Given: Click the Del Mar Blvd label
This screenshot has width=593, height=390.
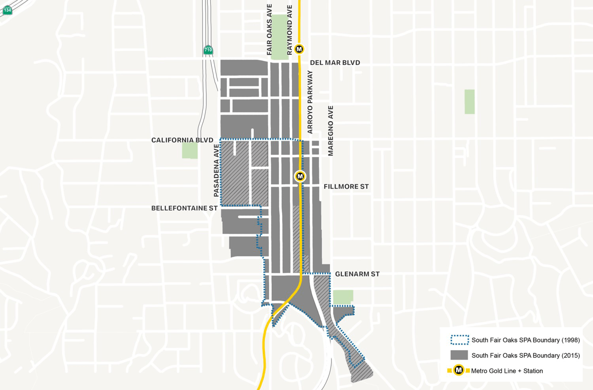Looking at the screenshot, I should tap(335, 62).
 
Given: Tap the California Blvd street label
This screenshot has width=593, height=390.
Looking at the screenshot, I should tap(182, 140).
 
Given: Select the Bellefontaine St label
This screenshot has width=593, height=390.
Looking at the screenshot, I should tap(184, 208).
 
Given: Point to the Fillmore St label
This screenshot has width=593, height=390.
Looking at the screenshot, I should tap(346, 187).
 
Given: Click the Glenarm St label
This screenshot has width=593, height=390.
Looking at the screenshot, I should tap(357, 274).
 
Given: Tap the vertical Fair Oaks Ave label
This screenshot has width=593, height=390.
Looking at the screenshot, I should tap(269, 30).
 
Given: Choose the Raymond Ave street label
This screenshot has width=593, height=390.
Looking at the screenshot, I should tap(289, 30).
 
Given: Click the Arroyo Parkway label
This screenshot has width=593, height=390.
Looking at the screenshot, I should tap(310, 102).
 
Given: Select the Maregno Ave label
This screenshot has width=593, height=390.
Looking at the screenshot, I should tap(330, 131).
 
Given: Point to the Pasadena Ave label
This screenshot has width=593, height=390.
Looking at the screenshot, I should tap(216, 170).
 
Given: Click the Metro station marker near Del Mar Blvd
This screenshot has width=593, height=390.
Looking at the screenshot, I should tap(299, 49).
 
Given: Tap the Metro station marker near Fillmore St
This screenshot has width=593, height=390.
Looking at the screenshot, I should tap(300, 176).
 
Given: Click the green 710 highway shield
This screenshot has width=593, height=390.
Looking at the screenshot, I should tap(208, 50).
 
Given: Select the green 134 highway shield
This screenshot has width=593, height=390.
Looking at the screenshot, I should tap(7, 10).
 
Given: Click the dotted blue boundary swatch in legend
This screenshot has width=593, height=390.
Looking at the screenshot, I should tap(459, 340).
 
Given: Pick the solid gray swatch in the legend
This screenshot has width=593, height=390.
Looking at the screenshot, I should tap(459, 355).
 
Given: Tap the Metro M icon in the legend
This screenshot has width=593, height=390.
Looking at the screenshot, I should tap(459, 370).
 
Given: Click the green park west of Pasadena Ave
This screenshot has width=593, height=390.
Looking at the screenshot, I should tap(190, 151).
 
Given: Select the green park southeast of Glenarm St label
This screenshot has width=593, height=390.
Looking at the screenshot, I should tap(343, 297).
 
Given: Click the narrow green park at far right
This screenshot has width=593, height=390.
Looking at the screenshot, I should tap(469, 102).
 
